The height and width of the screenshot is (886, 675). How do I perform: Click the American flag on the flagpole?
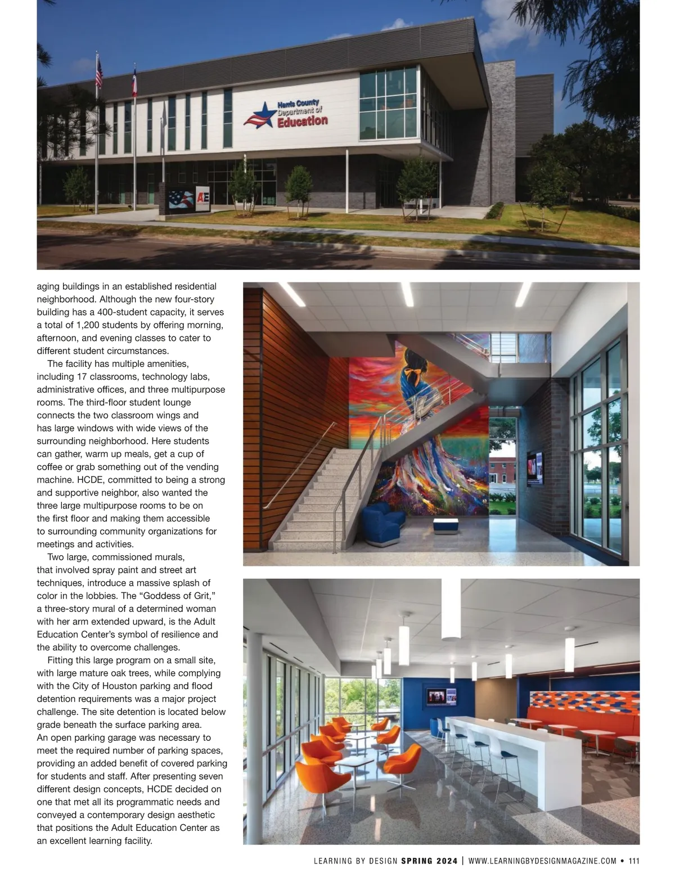(x=99, y=74)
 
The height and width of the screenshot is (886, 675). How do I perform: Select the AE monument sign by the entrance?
(x=202, y=200)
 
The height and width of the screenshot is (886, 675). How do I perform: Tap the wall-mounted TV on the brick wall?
(x=535, y=468)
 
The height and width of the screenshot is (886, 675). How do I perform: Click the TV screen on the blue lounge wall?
(x=441, y=696)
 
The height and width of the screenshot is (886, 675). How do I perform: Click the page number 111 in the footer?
(x=634, y=860)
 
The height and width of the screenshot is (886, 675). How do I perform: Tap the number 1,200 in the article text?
(x=83, y=325)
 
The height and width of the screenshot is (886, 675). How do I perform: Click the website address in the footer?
(x=542, y=860)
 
